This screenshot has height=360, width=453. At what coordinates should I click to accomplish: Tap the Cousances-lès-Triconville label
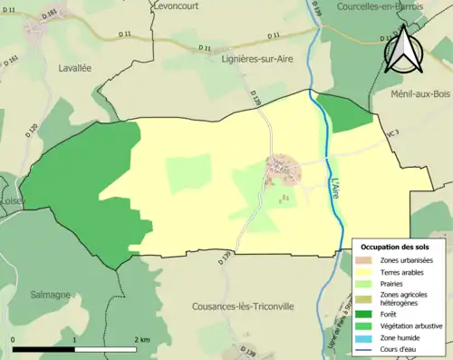[244, 306]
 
